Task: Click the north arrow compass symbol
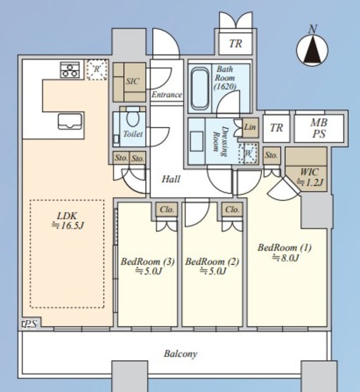[x=312, y=50]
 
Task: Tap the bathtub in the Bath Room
[x=200, y=89]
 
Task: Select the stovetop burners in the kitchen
[x=70, y=70]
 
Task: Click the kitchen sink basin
[x=70, y=121]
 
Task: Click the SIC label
[x=132, y=81]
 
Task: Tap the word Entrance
[x=167, y=95]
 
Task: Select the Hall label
[x=171, y=179]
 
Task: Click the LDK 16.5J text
[x=67, y=221]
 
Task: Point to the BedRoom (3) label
[x=148, y=266]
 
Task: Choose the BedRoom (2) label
[x=212, y=266]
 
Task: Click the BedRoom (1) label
[x=285, y=252]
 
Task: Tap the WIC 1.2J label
[x=310, y=177]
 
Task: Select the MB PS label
[x=319, y=129]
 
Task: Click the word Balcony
[x=181, y=354]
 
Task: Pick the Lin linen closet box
[x=250, y=127]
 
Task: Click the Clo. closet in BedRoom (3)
[x=167, y=209]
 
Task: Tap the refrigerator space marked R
[x=97, y=69]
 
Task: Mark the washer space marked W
[x=249, y=153]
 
